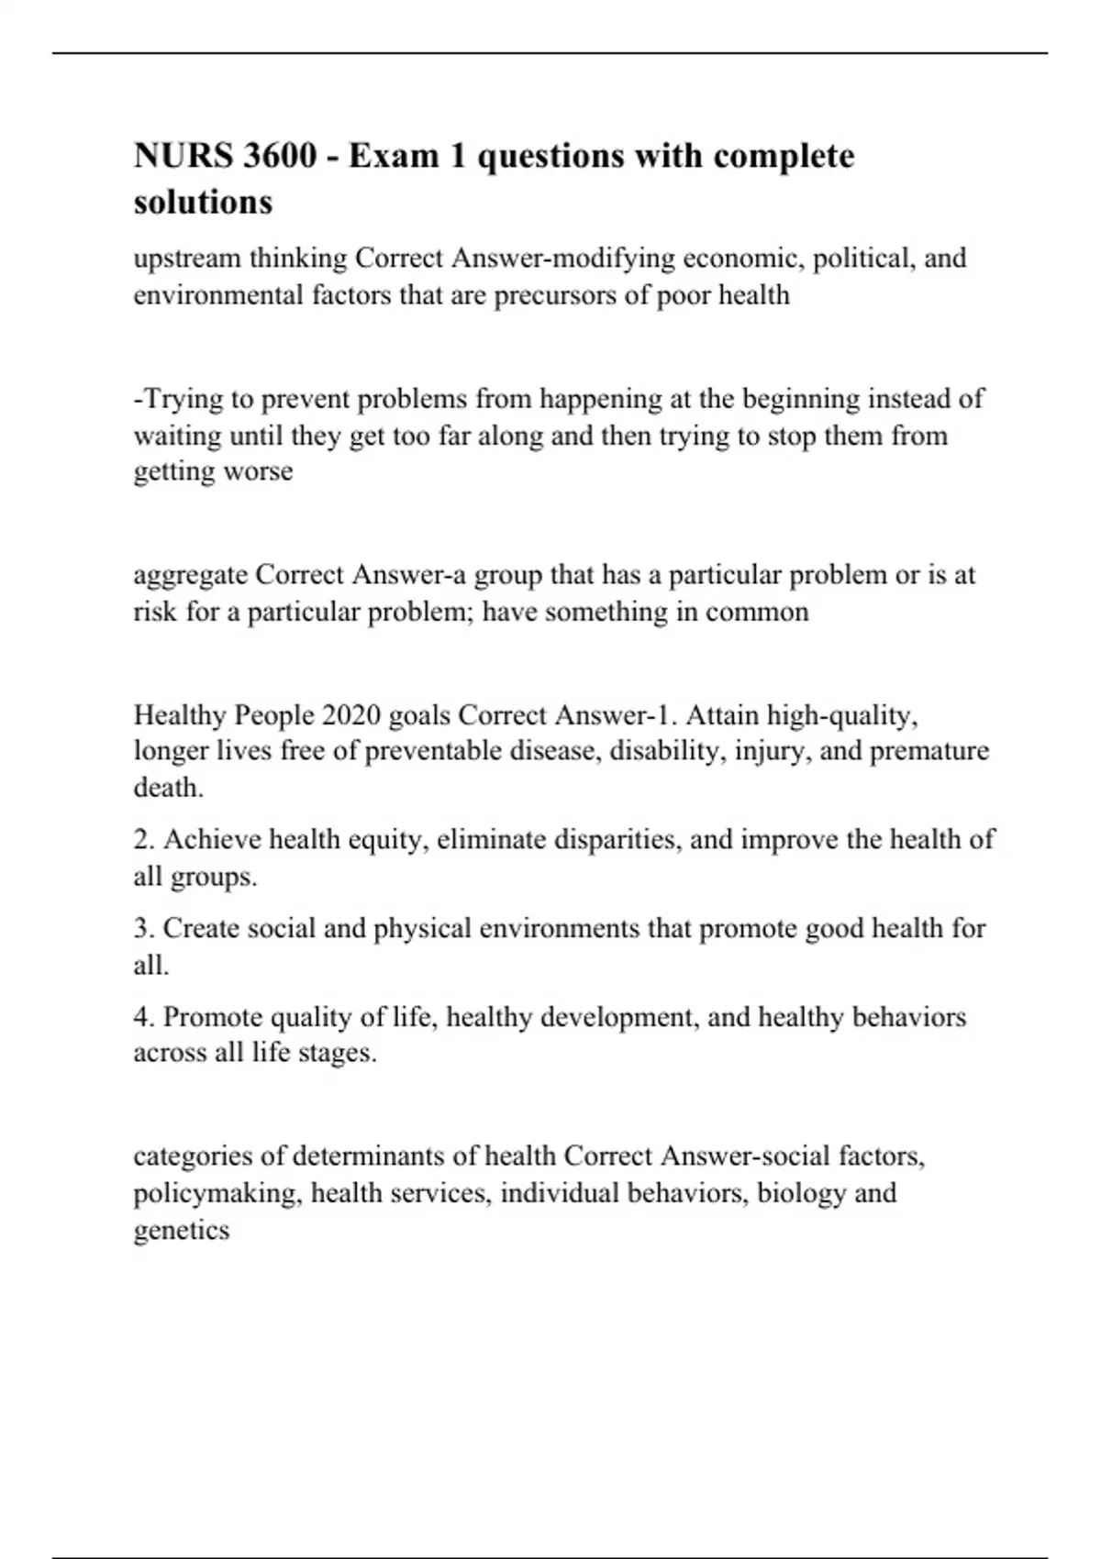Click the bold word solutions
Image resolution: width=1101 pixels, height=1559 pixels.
point(203,202)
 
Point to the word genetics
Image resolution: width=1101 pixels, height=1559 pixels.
point(181,1231)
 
